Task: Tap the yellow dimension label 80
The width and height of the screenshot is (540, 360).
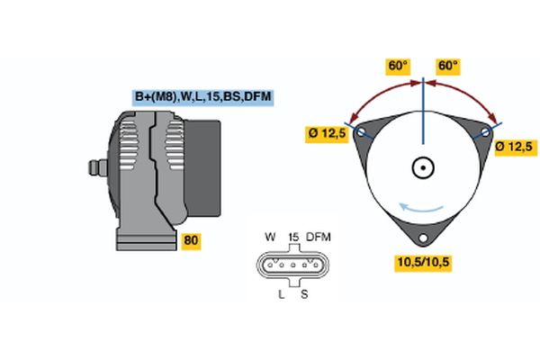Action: click(191, 240)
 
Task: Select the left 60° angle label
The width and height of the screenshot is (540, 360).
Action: click(398, 66)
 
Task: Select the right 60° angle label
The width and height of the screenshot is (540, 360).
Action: click(447, 66)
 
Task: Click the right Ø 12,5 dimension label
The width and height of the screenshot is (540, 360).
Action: click(515, 146)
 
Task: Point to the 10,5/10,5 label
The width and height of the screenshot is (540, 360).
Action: click(422, 262)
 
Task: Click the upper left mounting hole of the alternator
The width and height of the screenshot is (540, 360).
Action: click(362, 131)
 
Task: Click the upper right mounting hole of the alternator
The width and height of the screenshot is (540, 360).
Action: click(485, 131)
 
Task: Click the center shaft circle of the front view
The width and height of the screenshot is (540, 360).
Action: click(422, 167)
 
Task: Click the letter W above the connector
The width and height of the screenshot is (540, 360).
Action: click(270, 237)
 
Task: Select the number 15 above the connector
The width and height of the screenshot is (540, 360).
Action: click(292, 237)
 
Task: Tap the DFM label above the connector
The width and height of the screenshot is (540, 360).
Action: click(319, 237)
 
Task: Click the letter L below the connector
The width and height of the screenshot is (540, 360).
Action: click(282, 294)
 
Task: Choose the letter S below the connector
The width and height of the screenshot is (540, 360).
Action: click(304, 294)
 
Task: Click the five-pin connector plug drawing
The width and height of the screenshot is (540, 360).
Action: click(292, 265)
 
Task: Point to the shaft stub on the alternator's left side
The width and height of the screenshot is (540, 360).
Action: click(94, 168)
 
